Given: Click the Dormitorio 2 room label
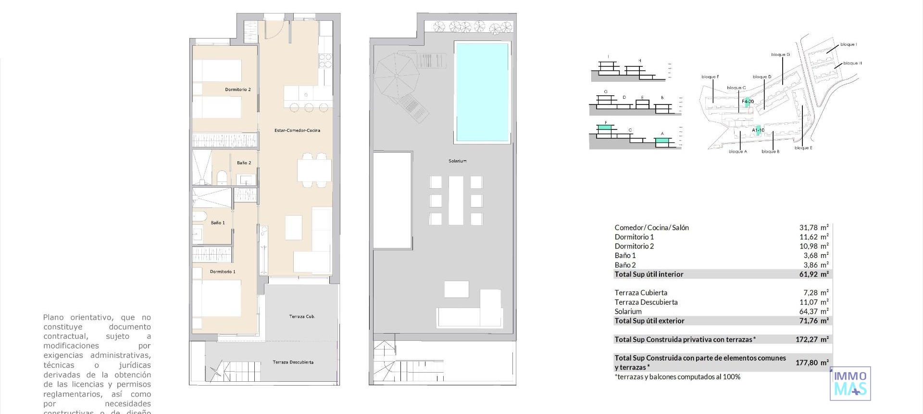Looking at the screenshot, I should (x=237, y=90).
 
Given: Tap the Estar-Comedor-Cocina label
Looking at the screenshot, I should (x=297, y=130).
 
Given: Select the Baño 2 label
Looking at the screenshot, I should (x=244, y=163).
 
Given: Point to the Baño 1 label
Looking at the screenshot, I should (x=217, y=223).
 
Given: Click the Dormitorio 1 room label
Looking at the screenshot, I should (x=223, y=272).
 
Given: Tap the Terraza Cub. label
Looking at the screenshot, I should (x=302, y=316).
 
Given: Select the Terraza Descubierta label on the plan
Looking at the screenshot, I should (x=293, y=362).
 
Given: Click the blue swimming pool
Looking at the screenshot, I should (x=482, y=91).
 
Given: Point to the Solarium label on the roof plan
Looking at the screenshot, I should (x=457, y=161).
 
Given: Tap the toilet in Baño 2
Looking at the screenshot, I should (x=222, y=177).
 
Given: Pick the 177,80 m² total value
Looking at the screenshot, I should (x=811, y=362).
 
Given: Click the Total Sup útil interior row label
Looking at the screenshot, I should (x=649, y=274).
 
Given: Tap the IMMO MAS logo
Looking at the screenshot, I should (x=850, y=384).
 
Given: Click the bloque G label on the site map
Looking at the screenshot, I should (x=780, y=54).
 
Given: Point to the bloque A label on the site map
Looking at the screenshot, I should (x=737, y=152).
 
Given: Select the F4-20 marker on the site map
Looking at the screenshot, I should (x=748, y=102).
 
